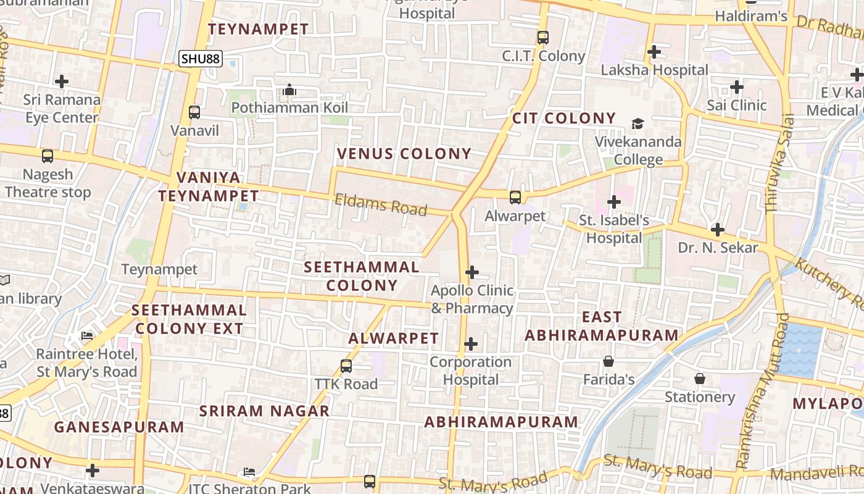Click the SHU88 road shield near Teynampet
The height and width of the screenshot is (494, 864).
pyautogui.click(x=201, y=59)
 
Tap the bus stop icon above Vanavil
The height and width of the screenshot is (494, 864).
pyautogui.click(x=194, y=112)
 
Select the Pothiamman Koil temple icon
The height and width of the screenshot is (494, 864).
pyautogui.click(x=289, y=90)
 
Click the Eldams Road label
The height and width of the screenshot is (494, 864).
pyautogui.click(x=380, y=204)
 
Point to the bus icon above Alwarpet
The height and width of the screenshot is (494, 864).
pyautogui.click(x=515, y=198)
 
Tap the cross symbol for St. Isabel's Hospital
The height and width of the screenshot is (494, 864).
pyautogui.click(x=614, y=202)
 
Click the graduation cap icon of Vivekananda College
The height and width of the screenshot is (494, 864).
pyautogui.click(x=638, y=124)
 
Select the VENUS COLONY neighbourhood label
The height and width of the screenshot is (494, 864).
pyautogui.click(x=404, y=154)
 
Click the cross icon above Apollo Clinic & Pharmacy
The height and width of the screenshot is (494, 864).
pyautogui.click(x=472, y=272)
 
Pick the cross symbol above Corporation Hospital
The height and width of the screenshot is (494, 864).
pyautogui.click(x=471, y=343)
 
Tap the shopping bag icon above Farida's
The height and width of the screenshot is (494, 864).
pyautogui.click(x=609, y=361)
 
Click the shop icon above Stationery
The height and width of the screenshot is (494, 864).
pyautogui.click(x=700, y=378)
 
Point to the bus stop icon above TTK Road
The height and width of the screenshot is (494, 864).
pyautogui.click(x=346, y=366)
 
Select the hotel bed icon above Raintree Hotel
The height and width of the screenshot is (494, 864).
pyautogui.click(x=87, y=336)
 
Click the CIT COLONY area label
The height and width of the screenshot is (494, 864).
pyautogui.click(x=564, y=118)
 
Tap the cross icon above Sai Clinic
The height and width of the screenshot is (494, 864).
pyautogui.click(x=737, y=87)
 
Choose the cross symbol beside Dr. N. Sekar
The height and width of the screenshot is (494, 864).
pyautogui.click(x=717, y=230)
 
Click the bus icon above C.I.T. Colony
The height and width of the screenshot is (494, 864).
pyautogui.click(x=543, y=37)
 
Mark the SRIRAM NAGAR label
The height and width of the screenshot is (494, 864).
pyautogui.click(x=264, y=411)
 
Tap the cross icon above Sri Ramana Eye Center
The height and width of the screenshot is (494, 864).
pyautogui.click(x=62, y=81)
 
